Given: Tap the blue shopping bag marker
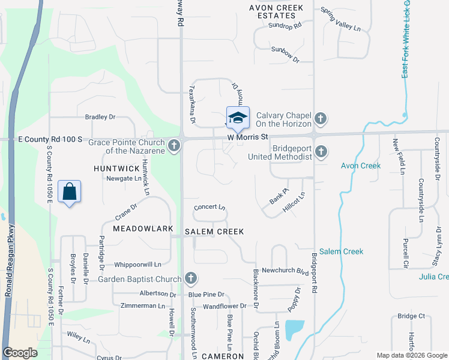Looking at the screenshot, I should (70, 192).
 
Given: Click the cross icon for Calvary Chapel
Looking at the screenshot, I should (321, 119).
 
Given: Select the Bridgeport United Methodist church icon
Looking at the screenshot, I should (321, 152).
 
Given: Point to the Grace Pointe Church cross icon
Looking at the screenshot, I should (173, 145).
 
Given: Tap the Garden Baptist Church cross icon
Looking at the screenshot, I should (190, 278).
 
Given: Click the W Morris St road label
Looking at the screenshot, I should (247, 137).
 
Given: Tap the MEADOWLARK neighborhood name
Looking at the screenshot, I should (143, 229).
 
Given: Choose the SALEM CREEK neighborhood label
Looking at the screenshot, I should (214, 232).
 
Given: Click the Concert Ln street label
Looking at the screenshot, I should (209, 208).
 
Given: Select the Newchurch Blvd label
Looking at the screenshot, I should (285, 271).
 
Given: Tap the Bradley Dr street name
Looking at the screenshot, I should (100, 117).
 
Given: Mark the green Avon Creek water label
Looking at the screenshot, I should (361, 166).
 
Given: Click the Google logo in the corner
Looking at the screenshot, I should (20, 353).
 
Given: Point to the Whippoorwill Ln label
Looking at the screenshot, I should (137, 264).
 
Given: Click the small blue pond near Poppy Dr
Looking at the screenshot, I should (294, 329).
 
